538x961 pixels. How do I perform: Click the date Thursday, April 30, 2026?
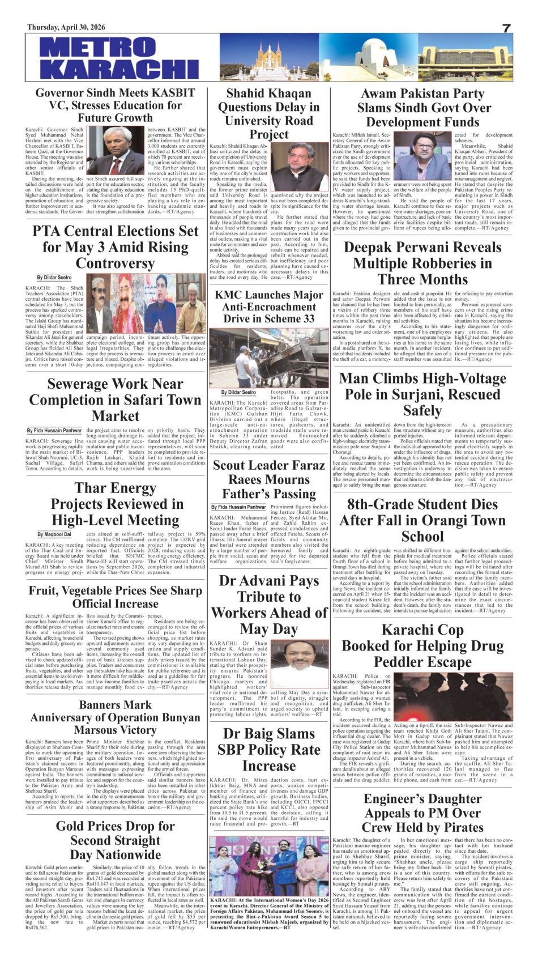pyautogui.click(x=66, y=27)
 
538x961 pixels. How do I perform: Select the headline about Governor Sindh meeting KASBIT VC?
pyautogui.click(x=115, y=105)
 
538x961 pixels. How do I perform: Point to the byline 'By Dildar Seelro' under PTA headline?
pyautogui.click(x=54, y=278)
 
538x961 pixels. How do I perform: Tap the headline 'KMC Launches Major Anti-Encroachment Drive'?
pyautogui.click(x=269, y=307)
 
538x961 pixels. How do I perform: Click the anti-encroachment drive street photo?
pyautogui.click(x=269, y=358)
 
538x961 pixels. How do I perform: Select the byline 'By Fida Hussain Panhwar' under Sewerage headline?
pyautogui.click(x=54, y=431)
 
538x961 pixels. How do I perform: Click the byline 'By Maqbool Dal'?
pyautogui.click(x=54, y=534)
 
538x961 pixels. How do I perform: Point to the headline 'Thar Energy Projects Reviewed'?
pyautogui.click(x=115, y=504)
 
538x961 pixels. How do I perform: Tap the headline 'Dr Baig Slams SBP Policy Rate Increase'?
pyautogui.click(x=269, y=750)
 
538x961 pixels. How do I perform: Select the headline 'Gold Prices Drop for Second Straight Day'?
pyautogui.click(x=115, y=840)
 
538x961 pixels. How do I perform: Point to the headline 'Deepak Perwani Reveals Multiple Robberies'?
pyautogui.click(x=422, y=263)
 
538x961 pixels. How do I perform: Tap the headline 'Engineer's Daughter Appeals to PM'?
pyautogui.click(x=422, y=813)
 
